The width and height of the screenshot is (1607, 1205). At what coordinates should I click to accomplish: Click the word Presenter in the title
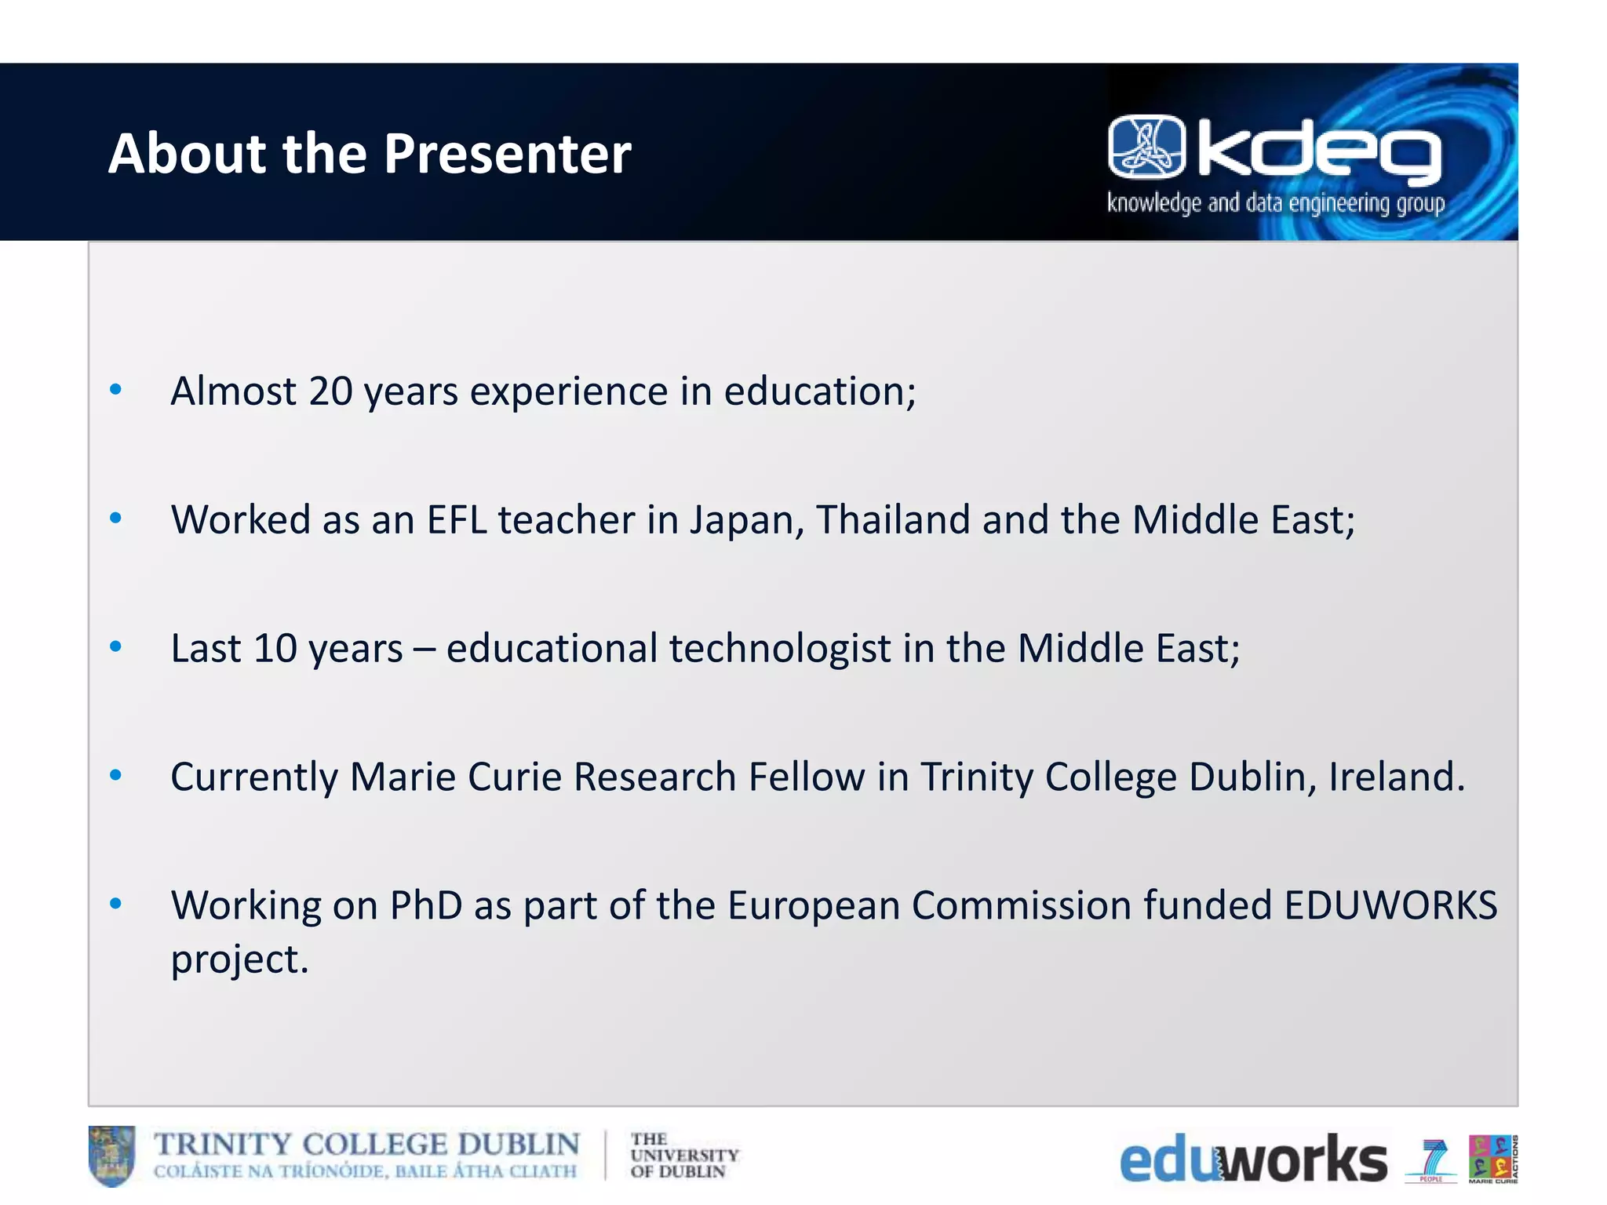[507, 153]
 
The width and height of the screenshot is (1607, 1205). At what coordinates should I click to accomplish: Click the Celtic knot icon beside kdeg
[1146, 147]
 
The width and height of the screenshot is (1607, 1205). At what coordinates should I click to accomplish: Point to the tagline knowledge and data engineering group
[1275, 203]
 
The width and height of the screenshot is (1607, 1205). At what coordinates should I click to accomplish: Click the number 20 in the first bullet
[330, 391]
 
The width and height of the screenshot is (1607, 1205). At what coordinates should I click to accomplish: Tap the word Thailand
[893, 519]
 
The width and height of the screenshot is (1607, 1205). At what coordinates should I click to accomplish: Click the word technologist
[780, 649]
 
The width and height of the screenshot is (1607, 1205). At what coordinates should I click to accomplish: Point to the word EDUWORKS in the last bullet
[1390, 905]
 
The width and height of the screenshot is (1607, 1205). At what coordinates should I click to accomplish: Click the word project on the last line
[239, 959]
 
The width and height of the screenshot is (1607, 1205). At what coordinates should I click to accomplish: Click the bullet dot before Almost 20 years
[116, 389]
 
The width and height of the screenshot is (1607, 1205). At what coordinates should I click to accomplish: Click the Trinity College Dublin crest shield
[111, 1156]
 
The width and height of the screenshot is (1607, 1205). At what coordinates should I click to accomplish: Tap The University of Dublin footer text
[683, 1156]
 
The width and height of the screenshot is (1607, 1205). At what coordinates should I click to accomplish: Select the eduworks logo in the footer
[1252, 1159]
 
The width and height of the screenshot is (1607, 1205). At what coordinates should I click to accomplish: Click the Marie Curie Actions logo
[1492, 1158]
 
